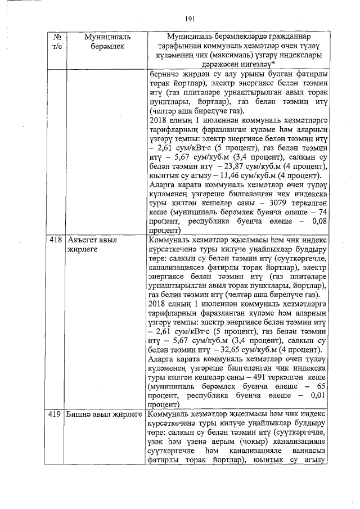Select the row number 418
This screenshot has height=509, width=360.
pos(56,240)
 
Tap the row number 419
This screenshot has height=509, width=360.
pos(56,415)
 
